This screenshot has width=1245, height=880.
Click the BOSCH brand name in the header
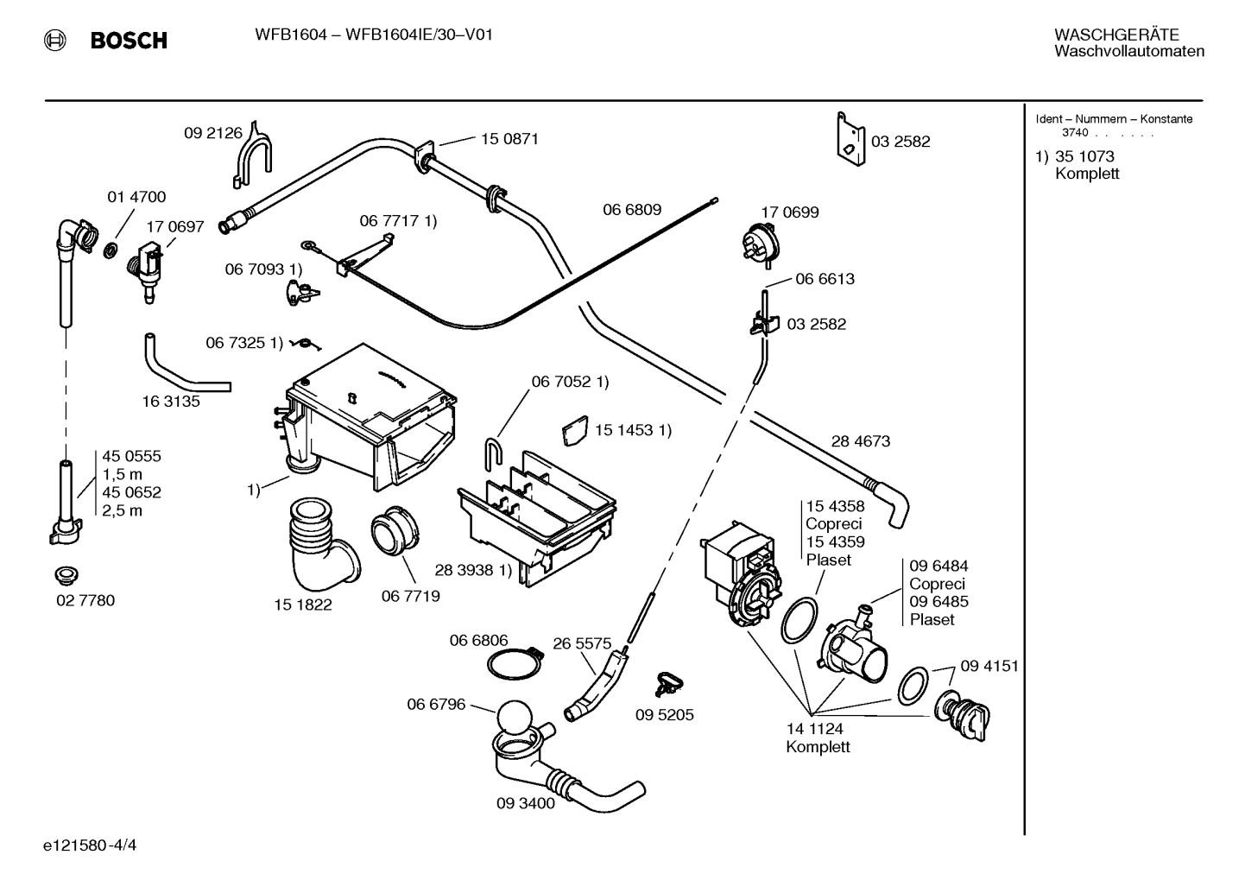coord(129,41)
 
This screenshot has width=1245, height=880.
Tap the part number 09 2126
coord(213,133)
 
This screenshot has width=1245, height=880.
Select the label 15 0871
coord(509,138)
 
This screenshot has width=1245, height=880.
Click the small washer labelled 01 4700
coord(111,250)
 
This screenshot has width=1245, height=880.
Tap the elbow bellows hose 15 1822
coord(322,544)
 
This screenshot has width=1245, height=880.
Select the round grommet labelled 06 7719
coord(395,531)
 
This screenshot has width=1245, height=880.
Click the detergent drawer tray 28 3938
coord(536,520)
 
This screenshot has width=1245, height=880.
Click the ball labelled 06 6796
coord(515,718)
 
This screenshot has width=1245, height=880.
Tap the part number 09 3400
coord(525,803)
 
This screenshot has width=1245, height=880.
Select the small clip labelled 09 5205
coord(669,684)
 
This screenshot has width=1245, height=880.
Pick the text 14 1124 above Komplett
coord(814,728)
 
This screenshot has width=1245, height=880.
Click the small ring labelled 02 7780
coord(66,576)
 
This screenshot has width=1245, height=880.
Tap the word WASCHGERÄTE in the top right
coord(1116,35)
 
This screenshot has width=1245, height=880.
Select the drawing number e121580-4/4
coord(90,845)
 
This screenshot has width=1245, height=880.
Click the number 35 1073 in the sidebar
coord(1084,156)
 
